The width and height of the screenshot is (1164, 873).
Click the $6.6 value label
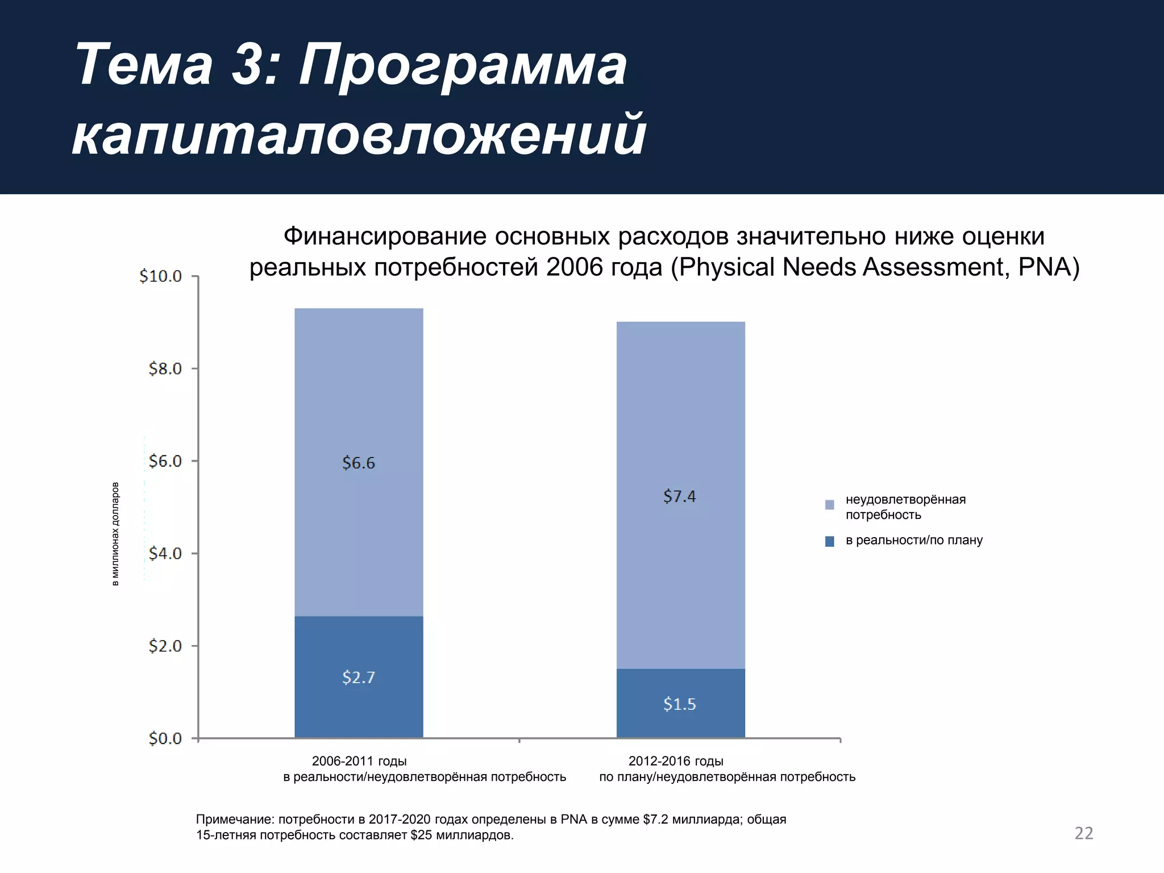tap(359, 463)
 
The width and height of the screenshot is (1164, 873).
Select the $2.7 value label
tap(359, 677)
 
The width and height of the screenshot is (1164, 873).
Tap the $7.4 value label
tap(680, 496)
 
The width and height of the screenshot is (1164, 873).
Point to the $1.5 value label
tap(680, 704)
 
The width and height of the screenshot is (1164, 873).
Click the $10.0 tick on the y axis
tap(161, 276)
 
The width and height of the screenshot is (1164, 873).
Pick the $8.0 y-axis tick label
tap(165, 369)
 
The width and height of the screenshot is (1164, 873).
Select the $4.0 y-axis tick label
tap(165, 553)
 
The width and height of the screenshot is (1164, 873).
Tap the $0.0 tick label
tap(165, 738)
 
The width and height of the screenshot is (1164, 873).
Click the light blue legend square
tap(829, 505)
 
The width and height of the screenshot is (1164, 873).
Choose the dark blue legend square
tap(829, 542)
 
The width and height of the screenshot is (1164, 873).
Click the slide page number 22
tap(1084, 833)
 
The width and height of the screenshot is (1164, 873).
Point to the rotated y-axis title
tap(115, 534)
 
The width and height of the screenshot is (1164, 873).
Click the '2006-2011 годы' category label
tap(359, 761)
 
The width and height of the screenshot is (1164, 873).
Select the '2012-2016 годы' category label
tap(676, 761)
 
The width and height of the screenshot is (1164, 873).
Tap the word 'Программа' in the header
tap(463, 66)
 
